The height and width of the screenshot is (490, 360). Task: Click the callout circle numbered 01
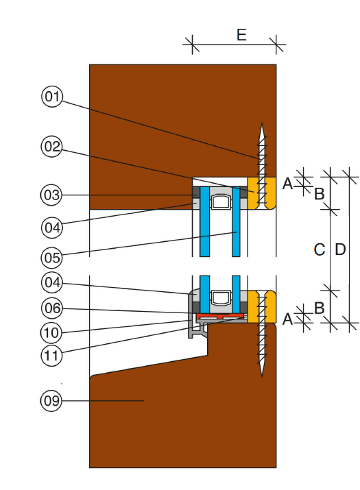pyautogui.click(x=52, y=97)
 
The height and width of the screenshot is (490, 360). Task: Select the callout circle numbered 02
pyautogui.click(x=51, y=146)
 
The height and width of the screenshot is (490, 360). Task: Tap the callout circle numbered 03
pyautogui.click(x=51, y=195)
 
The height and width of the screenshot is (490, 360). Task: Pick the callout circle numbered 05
pyautogui.click(x=52, y=258)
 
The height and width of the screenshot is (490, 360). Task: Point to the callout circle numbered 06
pyautogui.click(x=52, y=308)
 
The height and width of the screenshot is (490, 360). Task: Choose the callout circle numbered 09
pyautogui.click(x=51, y=401)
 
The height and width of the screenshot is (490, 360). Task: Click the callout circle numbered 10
pyautogui.click(x=51, y=333)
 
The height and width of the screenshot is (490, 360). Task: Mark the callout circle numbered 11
pyautogui.click(x=51, y=356)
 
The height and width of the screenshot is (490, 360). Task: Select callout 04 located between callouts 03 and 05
pyautogui.click(x=52, y=228)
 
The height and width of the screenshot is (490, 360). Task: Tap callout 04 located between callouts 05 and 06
pyautogui.click(x=52, y=282)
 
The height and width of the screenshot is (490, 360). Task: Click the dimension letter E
pyautogui.click(x=241, y=35)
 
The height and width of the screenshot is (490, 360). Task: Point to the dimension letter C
pyautogui.click(x=320, y=249)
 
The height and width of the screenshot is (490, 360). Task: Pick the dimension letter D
pyautogui.click(x=340, y=249)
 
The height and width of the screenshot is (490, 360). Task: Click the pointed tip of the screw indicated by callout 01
pyautogui.click(x=262, y=123)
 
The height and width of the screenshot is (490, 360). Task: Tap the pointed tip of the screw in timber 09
pyautogui.click(x=262, y=376)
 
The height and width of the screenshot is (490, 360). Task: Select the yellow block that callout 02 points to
pyautogui.click(x=262, y=193)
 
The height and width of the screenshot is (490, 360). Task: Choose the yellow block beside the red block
pyautogui.click(x=262, y=306)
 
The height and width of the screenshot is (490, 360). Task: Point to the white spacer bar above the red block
pyautogui.click(x=221, y=297)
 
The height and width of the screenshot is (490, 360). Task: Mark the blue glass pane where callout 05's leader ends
pyautogui.click(x=236, y=221)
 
